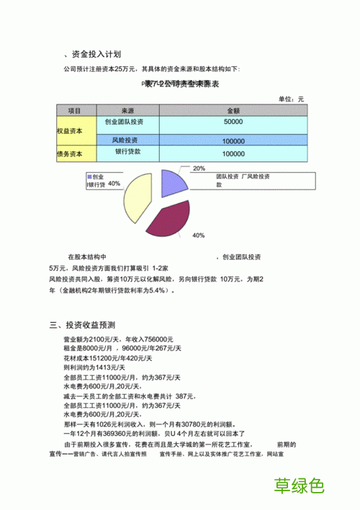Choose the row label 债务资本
click(x=69, y=154)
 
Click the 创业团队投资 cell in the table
click(x=127, y=123)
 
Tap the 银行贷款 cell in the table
click(x=127, y=153)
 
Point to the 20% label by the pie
click(x=199, y=168)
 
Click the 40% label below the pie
click(x=198, y=236)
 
